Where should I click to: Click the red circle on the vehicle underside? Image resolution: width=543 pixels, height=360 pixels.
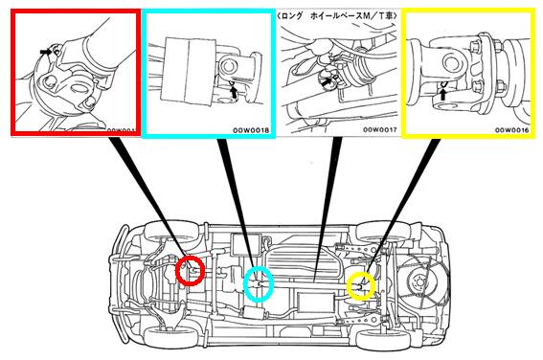tap(176, 271)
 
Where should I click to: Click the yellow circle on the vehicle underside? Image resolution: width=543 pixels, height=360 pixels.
tap(349, 285)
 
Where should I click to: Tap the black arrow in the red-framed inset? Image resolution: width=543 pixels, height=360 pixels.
tap(45, 52)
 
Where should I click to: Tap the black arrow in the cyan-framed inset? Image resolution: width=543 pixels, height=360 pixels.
tap(235, 92)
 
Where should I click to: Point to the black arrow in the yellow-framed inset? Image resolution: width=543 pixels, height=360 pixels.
tap(442, 94)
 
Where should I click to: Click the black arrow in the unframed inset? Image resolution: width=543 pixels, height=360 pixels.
tap(326, 82)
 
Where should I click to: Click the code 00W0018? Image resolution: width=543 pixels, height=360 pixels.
tap(251, 130)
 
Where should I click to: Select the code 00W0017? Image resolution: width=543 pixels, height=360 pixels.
tap(379, 130)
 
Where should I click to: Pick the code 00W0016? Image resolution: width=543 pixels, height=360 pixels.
tap(511, 130)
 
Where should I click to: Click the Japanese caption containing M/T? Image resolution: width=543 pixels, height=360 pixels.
tap(336, 15)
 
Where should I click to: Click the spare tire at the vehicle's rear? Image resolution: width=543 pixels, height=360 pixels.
tap(419, 281)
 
